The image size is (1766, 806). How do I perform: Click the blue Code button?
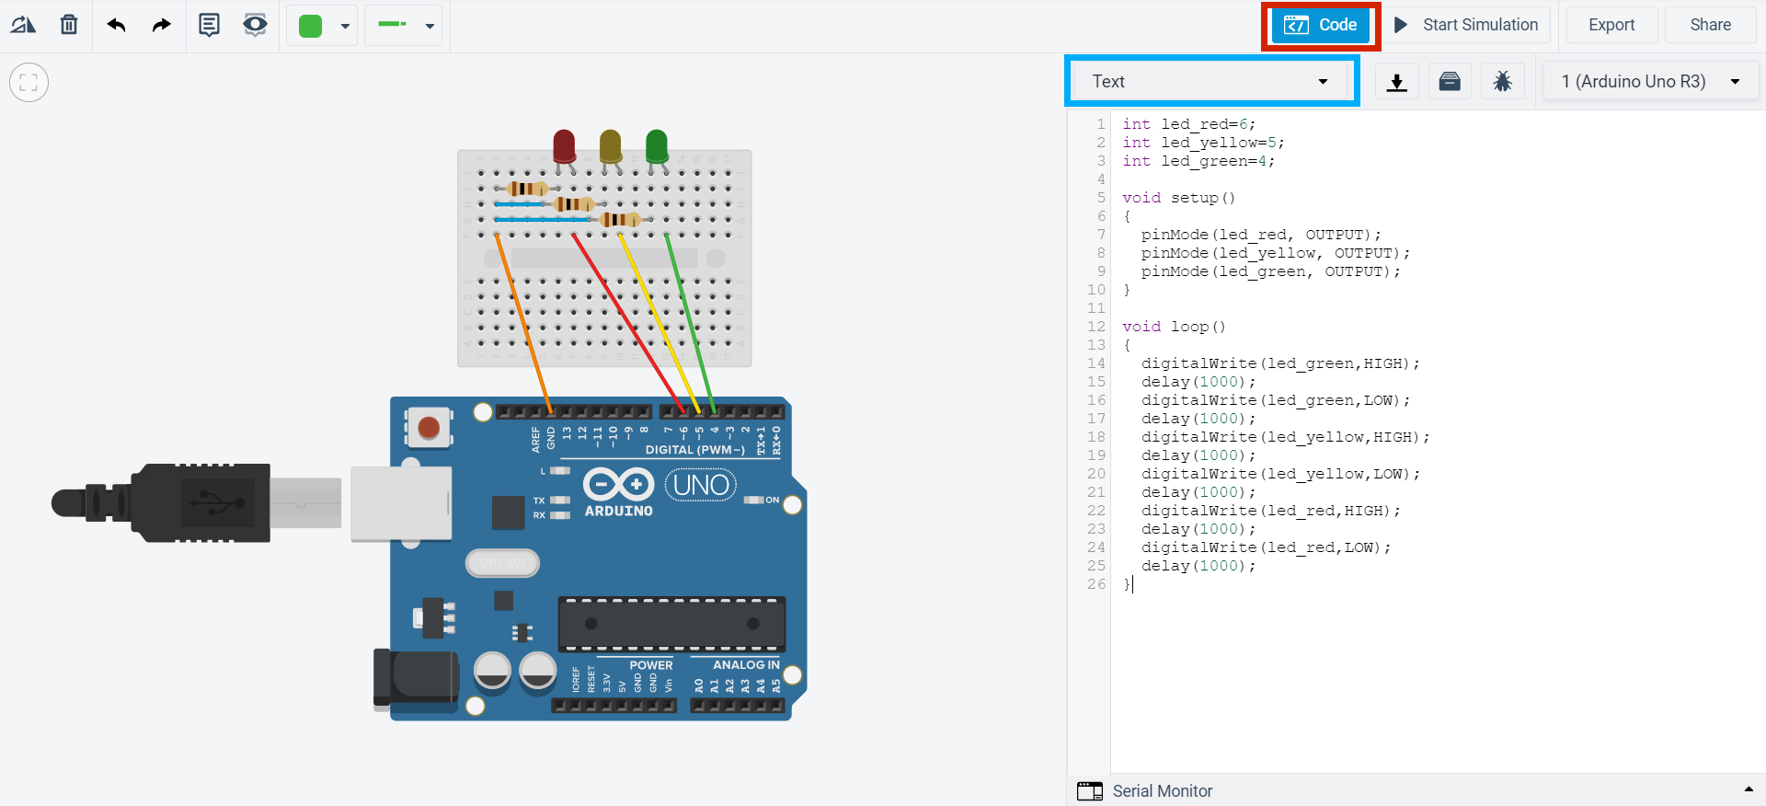(x=1320, y=25)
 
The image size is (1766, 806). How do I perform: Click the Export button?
(x=1611, y=25)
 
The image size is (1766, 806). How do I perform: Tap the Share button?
(x=1710, y=25)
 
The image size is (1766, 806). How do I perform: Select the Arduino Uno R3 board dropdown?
(x=1651, y=81)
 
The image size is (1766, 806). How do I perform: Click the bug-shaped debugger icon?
(x=1502, y=81)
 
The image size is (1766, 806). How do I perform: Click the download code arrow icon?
(x=1396, y=81)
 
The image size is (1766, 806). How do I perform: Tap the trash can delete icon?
(x=69, y=25)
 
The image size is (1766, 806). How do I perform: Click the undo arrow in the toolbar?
(x=116, y=25)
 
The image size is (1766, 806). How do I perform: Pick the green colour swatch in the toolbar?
(x=311, y=26)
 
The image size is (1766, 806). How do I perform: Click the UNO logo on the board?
(x=701, y=485)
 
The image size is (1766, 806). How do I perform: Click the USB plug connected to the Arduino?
(x=161, y=502)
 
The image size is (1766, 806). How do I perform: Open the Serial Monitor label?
(x=1163, y=791)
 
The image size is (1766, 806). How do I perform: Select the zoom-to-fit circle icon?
(x=29, y=83)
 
